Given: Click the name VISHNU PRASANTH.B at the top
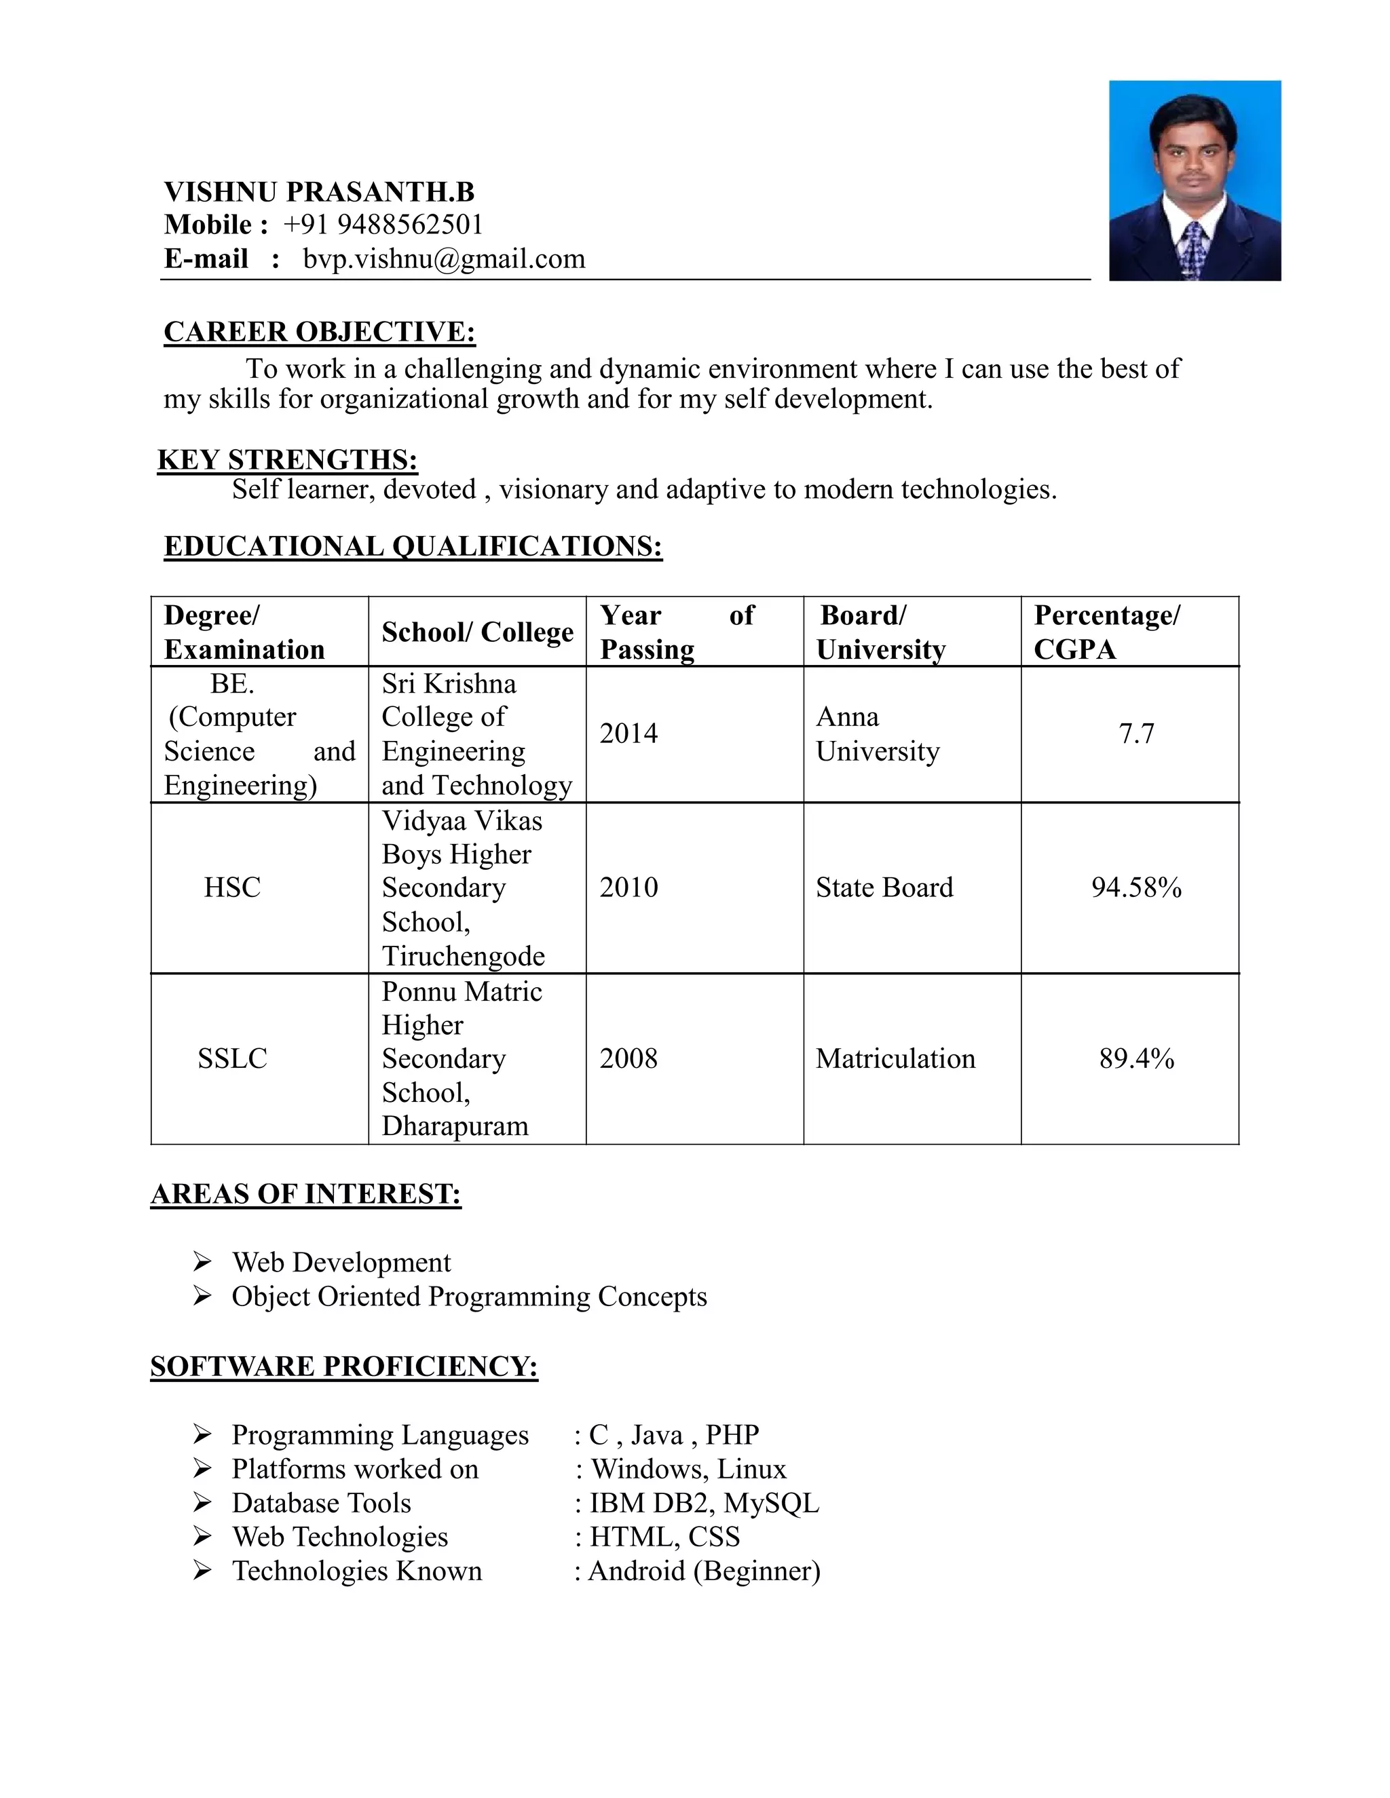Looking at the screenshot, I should coord(319,192).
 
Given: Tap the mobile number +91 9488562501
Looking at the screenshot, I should coord(382,225).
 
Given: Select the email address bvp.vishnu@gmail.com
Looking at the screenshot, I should coord(444,259).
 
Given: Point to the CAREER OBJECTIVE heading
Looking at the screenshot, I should coord(320,332).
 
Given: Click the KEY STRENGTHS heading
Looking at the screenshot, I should coord(287,459).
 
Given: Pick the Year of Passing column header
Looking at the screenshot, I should coord(676,632).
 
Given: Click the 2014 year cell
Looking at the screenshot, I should coord(628,733).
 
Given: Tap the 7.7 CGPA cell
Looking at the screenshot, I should coord(1136,733).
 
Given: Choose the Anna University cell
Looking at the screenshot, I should coord(877,733).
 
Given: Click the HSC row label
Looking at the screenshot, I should coord(232,887).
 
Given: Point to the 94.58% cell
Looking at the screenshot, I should coord(1136,887).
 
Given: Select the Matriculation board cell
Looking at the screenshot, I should coord(895,1058).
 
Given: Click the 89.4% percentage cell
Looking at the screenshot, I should coord(1136,1058).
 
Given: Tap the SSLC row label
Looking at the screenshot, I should coord(232,1058).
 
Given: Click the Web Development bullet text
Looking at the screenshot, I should coord(341,1263).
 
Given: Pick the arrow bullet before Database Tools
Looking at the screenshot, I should coord(202,1502).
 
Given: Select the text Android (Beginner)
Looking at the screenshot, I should coord(704,1571).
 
